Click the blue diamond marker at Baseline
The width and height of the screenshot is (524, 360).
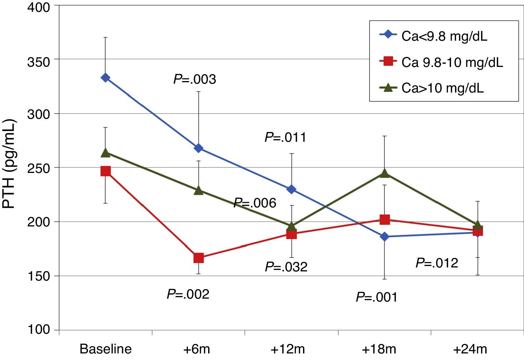pyautogui.click(x=105, y=78)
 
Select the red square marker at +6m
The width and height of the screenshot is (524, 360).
pyautogui.click(x=198, y=258)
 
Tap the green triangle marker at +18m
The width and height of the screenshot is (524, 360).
pyautogui.click(x=384, y=173)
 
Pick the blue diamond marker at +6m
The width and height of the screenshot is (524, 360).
pyautogui.click(x=198, y=148)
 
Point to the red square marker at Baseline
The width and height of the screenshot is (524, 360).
pyautogui.click(x=105, y=171)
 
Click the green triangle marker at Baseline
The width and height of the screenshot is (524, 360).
pyautogui.click(x=105, y=153)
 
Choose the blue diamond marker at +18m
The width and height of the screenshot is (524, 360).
pyautogui.click(x=384, y=237)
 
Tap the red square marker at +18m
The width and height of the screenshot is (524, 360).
pyautogui.click(x=384, y=220)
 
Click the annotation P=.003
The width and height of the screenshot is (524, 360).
pyautogui.click(x=195, y=79)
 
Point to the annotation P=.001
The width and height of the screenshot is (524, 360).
pyautogui.click(x=377, y=297)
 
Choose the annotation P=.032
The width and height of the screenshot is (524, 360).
pyautogui.click(x=286, y=267)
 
